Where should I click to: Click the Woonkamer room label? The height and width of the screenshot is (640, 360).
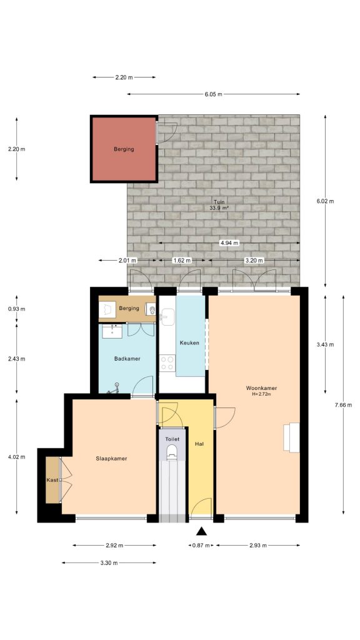(x=261, y=388)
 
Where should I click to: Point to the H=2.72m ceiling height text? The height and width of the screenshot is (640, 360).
(x=261, y=394)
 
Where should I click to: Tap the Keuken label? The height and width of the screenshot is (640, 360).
(x=189, y=343)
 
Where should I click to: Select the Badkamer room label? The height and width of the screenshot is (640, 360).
(x=127, y=359)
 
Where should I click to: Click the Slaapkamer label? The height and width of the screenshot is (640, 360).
(x=112, y=458)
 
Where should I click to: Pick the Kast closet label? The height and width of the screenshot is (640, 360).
(x=52, y=480)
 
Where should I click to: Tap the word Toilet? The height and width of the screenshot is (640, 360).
(x=172, y=439)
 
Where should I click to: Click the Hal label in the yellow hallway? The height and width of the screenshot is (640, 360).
(x=199, y=443)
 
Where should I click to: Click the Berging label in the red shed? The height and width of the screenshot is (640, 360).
(x=124, y=149)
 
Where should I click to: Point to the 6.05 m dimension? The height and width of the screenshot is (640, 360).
(x=213, y=94)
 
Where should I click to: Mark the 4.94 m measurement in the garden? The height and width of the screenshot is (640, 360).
(x=229, y=243)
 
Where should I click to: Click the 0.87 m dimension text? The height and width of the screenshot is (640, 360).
(x=201, y=546)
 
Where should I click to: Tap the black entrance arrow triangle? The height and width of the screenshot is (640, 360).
(x=201, y=532)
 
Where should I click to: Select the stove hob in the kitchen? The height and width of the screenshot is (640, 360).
(x=167, y=362)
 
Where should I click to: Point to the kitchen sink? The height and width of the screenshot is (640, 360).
(x=164, y=317)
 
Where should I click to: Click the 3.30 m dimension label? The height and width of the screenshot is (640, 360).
(x=109, y=563)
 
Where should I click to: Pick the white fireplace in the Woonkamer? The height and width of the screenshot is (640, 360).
(x=292, y=437)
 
